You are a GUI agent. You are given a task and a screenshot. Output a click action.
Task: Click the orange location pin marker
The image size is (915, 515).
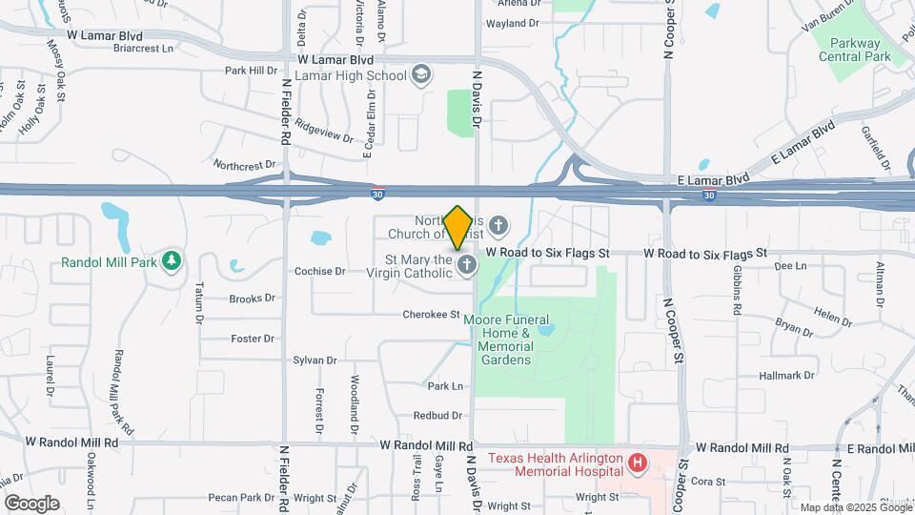tap(457, 227)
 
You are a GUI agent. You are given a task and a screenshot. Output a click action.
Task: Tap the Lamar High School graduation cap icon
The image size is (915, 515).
tap(421, 74)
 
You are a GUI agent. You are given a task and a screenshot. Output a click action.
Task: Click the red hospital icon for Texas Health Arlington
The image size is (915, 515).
tap(638, 463)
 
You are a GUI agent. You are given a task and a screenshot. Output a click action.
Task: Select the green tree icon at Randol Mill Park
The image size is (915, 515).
tap(172, 260)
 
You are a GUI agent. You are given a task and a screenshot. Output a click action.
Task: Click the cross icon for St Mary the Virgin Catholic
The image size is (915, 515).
tap(466, 265)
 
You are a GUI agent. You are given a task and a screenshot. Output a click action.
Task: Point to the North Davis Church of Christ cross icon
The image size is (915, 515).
tap(499, 226)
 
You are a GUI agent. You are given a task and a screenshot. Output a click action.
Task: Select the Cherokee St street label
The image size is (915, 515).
tap(431, 314)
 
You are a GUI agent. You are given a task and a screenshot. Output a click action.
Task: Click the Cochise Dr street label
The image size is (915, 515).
tap(319, 271)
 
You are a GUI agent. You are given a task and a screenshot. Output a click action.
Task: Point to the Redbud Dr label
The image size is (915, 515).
tap(437, 416)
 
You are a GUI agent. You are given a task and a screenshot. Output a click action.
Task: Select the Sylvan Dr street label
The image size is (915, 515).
tap(315, 360)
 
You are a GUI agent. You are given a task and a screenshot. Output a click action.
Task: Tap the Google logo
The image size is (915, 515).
tap(31, 503)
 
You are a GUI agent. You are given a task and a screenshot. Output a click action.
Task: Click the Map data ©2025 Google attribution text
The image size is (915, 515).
tap(854, 507)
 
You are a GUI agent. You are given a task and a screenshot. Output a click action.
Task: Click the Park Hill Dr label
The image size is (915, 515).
tap(249, 70)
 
